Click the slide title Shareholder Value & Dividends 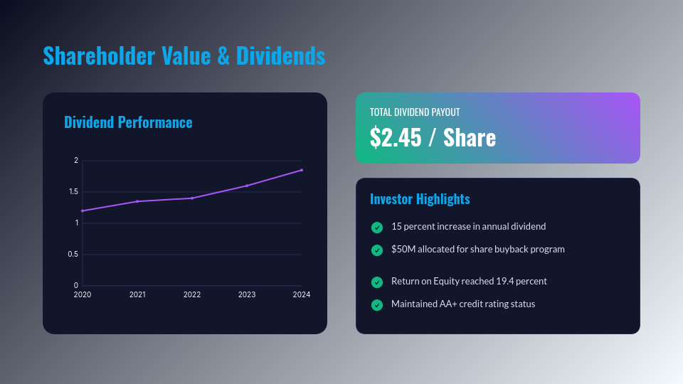[184, 55]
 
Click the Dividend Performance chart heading [128, 122]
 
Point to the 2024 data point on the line [302, 170]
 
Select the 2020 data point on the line [83, 210]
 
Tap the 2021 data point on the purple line [137, 201]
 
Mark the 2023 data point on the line [247, 186]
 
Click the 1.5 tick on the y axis [73, 192]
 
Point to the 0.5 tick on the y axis [73, 255]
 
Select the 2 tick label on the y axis [75, 161]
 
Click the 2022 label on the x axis [192, 294]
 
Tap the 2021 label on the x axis [137, 294]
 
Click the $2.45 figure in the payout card [396, 138]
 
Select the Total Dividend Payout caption [415, 112]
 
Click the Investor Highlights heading [420, 199]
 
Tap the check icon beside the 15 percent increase [377, 228]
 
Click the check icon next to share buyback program [377, 250]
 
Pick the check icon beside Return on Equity [377, 282]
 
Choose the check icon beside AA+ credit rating [377, 305]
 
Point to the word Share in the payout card [470, 138]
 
